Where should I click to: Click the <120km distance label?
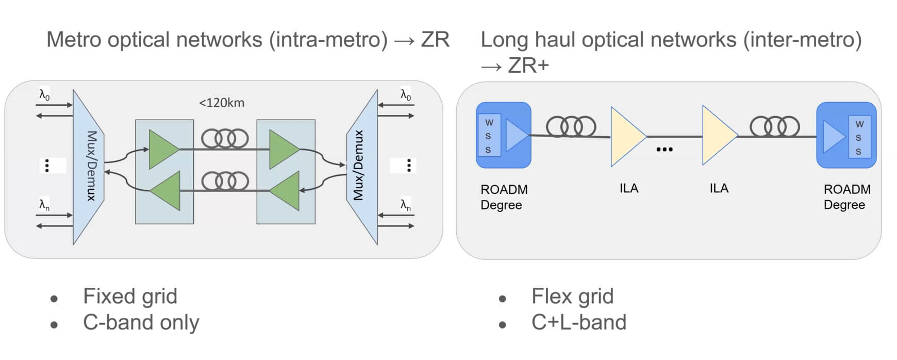222,103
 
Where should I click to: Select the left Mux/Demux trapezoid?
89,166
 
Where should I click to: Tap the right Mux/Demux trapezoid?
361,166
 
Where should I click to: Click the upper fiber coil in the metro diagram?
225,138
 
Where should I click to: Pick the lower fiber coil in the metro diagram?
225,181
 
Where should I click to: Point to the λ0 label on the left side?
44,95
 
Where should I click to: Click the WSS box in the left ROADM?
488,136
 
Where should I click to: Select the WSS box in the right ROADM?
859,137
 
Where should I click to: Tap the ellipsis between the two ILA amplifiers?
665,150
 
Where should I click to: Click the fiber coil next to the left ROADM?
571,126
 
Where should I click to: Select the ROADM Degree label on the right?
847,197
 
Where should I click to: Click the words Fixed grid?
130,297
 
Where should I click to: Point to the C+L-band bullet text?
578,322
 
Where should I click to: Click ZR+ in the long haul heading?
528,66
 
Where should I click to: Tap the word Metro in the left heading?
74,40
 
